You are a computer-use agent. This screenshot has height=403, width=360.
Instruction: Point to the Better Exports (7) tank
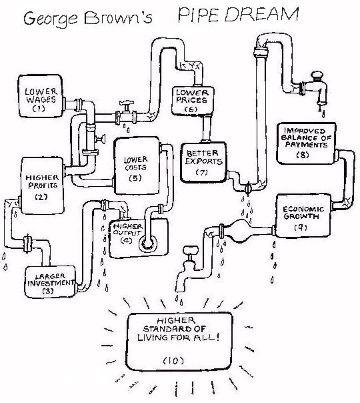[x=203, y=161]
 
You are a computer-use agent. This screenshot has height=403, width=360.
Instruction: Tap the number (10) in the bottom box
[x=171, y=360]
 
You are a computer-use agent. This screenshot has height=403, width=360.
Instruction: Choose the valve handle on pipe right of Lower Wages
[x=123, y=109]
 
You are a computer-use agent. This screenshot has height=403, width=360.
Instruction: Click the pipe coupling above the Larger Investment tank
[x=28, y=241]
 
